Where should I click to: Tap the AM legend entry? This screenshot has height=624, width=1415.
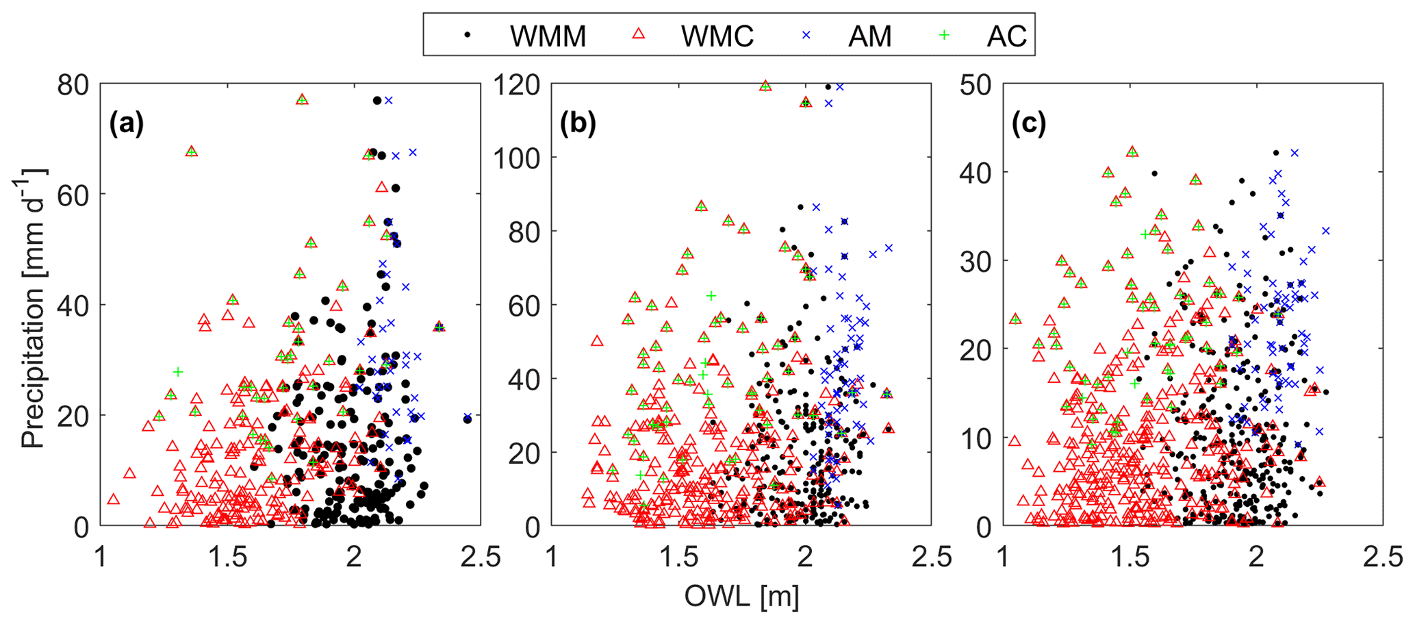click(x=855, y=35)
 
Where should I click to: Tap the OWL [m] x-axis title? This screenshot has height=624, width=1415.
click(x=741, y=597)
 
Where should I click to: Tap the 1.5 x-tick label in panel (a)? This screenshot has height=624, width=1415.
click(x=227, y=556)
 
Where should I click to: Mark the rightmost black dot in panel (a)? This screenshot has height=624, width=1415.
click(x=468, y=419)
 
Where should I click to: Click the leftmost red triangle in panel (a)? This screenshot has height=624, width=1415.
click(x=114, y=499)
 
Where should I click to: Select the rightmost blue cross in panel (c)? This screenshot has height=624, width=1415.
click(x=1325, y=231)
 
